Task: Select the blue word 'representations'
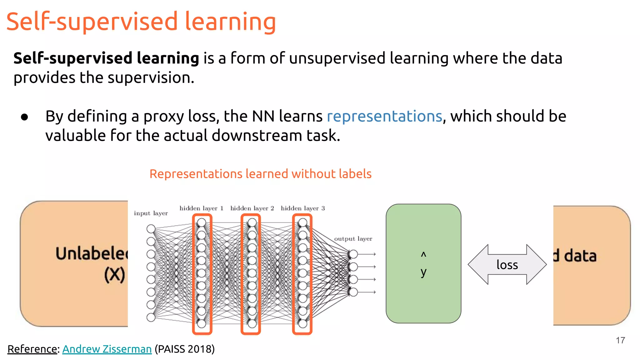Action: (x=384, y=116)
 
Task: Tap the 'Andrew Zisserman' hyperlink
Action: (x=107, y=349)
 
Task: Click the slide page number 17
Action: (x=620, y=340)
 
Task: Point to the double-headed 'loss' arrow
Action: (x=507, y=265)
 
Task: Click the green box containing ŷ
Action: (x=423, y=263)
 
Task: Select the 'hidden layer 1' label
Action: (x=201, y=208)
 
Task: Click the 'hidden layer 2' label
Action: (x=252, y=208)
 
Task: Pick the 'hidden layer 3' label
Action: (x=302, y=208)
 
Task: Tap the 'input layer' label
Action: (x=151, y=213)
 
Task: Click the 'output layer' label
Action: (x=353, y=239)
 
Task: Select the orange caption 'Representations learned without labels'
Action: (x=260, y=174)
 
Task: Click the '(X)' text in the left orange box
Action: (x=114, y=275)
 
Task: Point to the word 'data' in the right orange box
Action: (x=580, y=256)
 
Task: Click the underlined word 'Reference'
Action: (x=32, y=349)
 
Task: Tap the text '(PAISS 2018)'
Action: (x=185, y=349)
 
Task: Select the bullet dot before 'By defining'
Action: (x=24, y=117)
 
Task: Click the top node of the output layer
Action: (x=353, y=254)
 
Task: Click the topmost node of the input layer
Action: (x=151, y=229)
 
